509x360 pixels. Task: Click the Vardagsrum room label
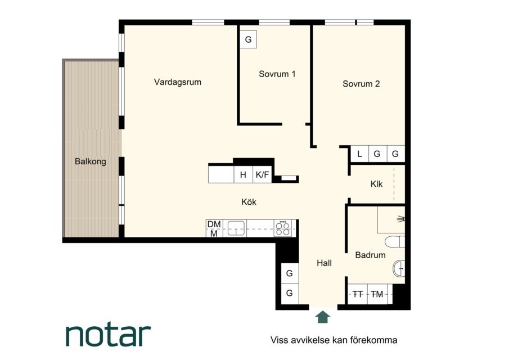click(178, 82)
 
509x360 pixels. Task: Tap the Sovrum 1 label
click(277, 74)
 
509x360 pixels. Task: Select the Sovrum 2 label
click(361, 84)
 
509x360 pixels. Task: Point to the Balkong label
click(90, 161)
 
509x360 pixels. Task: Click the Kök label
click(249, 202)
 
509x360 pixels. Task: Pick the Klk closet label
click(376, 184)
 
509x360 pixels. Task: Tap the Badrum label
click(371, 255)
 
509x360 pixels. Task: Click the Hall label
click(324, 263)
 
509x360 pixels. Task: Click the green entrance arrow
click(323, 317)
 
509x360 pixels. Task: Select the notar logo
click(109, 335)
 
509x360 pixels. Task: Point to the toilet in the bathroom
click(395, 242)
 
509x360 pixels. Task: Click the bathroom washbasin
click(399, 268)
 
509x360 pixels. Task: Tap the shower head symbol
click(401, 219)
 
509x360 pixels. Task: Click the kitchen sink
click(236, 228)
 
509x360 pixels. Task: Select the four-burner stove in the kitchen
click(283, 228)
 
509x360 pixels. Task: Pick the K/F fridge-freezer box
click(262, 174)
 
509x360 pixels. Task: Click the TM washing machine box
click(377, 294)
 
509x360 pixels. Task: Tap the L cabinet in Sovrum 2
click(360, 154)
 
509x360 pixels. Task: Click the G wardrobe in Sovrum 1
click(249, 39)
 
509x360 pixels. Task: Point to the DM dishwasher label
click(214, 224)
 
